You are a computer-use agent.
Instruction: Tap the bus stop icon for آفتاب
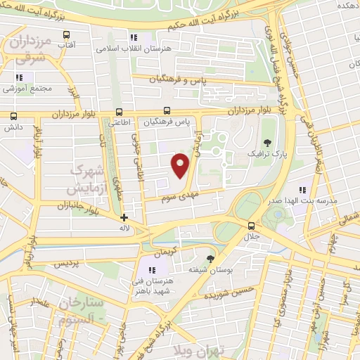point(66,34)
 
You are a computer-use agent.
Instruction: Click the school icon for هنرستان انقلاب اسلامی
point(131,37)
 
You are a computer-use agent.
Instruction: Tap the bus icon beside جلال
point(252,226)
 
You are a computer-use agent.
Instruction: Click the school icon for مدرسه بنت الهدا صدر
point(303,190)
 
